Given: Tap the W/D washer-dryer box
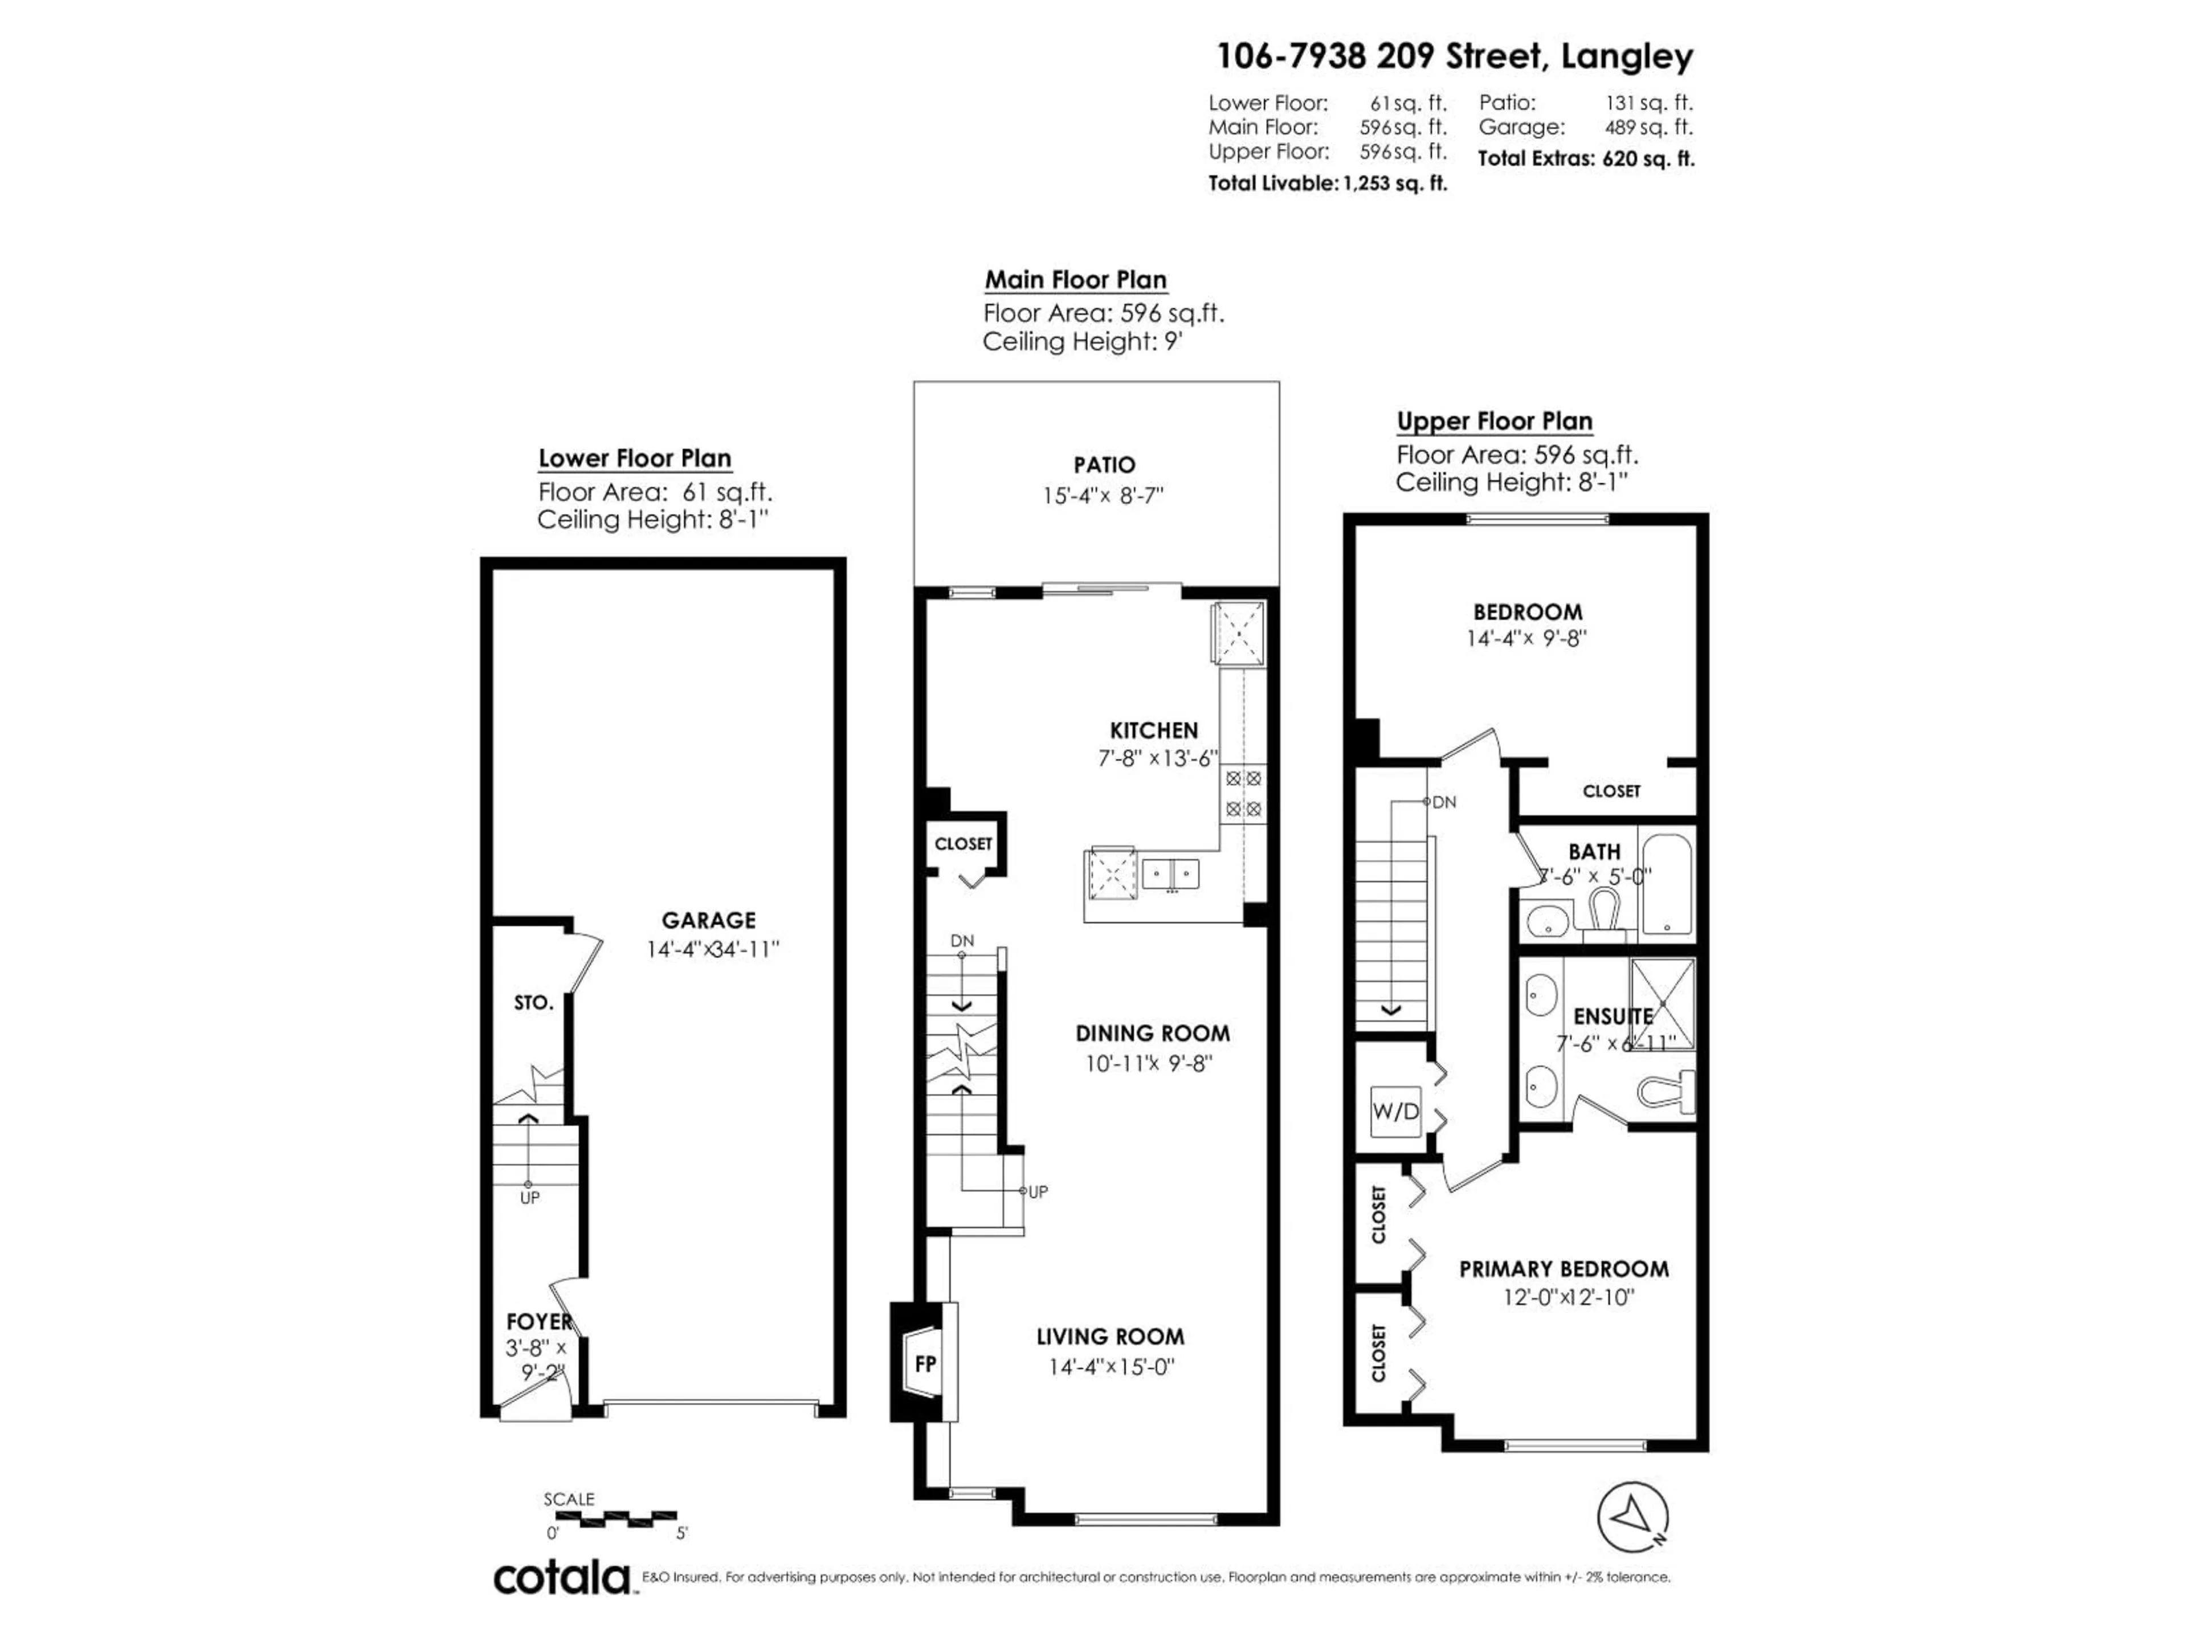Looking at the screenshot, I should [1395, 1112].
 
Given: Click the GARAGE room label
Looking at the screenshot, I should [708, 920].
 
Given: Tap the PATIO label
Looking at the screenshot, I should [1104, 465].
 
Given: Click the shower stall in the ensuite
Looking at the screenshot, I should [1662, 1003].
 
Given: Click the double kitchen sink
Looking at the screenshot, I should [1170, 875].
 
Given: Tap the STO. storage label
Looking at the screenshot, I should [533, 1003].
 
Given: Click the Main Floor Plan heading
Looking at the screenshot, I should [1075, 280].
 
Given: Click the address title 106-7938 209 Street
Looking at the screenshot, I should [1454, 56].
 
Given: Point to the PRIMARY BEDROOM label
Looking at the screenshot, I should [1563, 1269].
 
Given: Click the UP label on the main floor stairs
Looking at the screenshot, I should [1038, 1192].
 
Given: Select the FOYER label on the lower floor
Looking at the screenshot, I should [538, 1321].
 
